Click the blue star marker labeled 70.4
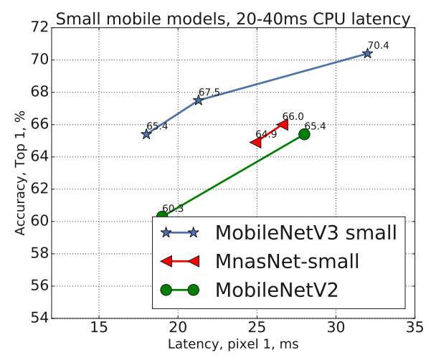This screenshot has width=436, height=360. pos(367,53)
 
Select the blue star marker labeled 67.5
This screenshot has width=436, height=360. pos(198,100)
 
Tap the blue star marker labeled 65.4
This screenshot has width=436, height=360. pos(146,134)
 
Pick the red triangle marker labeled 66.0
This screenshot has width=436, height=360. pos(283,125)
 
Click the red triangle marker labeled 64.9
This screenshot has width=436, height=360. pos(255,143)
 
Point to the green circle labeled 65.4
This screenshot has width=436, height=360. pos(304,134)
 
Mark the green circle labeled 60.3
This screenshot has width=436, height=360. pos(162,216)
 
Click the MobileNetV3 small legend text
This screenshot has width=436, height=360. pos(306,233)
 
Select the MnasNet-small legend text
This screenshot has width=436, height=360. pos(288,261)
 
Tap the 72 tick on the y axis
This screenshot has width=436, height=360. pos(40,27)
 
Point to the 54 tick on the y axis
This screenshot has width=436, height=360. pos(40,318)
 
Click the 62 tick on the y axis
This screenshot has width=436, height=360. pos(40,189)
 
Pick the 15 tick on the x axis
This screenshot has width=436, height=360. pos(99,328)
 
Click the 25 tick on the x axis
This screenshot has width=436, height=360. pos(257,328)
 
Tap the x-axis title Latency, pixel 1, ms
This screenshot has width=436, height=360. pos(233,345)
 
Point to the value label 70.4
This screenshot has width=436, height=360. pos(379,45)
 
